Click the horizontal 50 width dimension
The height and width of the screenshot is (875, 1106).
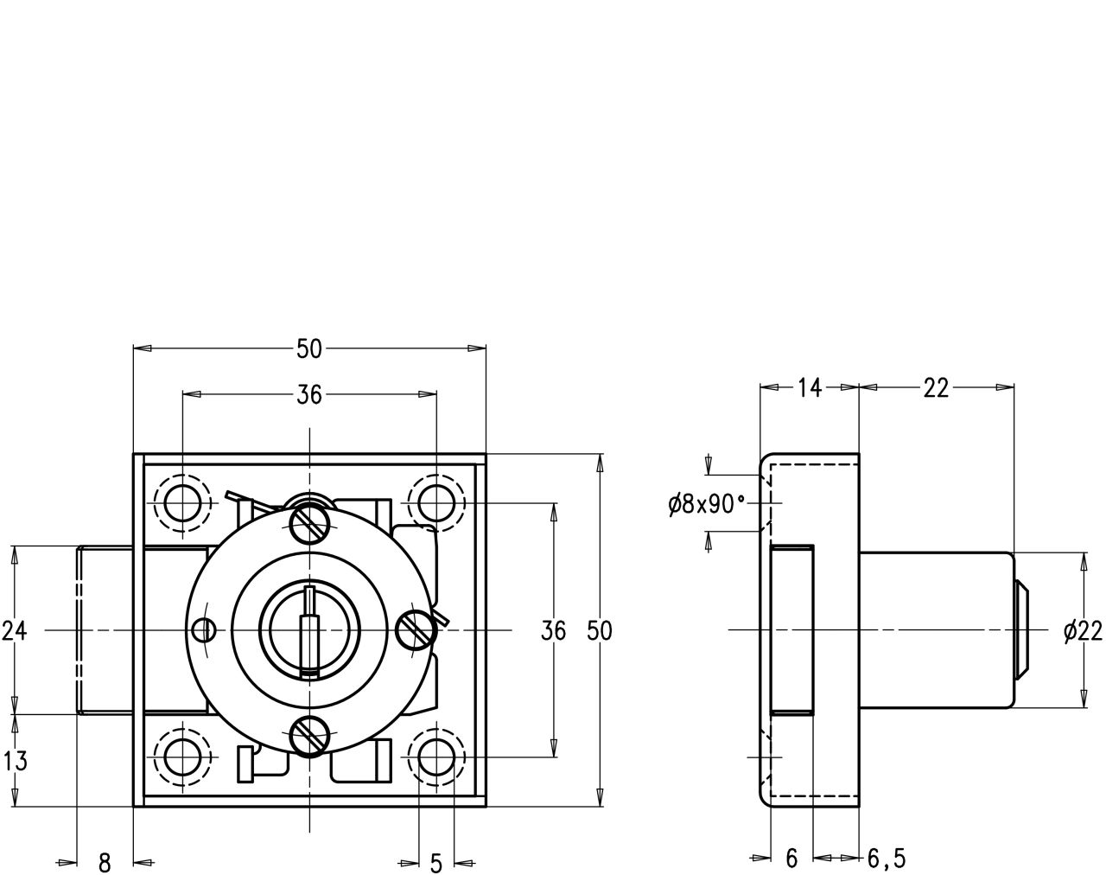point(308,349)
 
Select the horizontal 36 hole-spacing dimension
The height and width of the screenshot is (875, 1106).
point(308,395)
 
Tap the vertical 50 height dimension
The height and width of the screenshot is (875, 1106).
point(599,631)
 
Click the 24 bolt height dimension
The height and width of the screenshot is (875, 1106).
point(14,631)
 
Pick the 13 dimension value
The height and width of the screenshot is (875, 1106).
point(14,762)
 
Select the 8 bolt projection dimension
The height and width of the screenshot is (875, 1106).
point(105,862)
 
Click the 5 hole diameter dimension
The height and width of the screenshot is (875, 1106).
point(435,862)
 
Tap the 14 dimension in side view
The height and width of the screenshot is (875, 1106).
point(809,388)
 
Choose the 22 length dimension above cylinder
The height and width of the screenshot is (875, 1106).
point(936,388)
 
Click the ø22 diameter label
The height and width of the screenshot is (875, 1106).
point(1084,633)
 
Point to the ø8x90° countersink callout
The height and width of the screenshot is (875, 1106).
point(706,505)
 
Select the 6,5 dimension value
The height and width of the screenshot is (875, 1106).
point(887,859)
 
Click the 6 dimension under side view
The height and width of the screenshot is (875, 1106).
point(791,859)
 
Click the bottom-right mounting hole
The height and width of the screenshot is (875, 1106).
point(435,757)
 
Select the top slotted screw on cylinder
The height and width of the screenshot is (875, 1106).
point(309,521)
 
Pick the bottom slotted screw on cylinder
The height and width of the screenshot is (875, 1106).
point(308,738)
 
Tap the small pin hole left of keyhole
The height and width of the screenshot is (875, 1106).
point(204,630)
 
